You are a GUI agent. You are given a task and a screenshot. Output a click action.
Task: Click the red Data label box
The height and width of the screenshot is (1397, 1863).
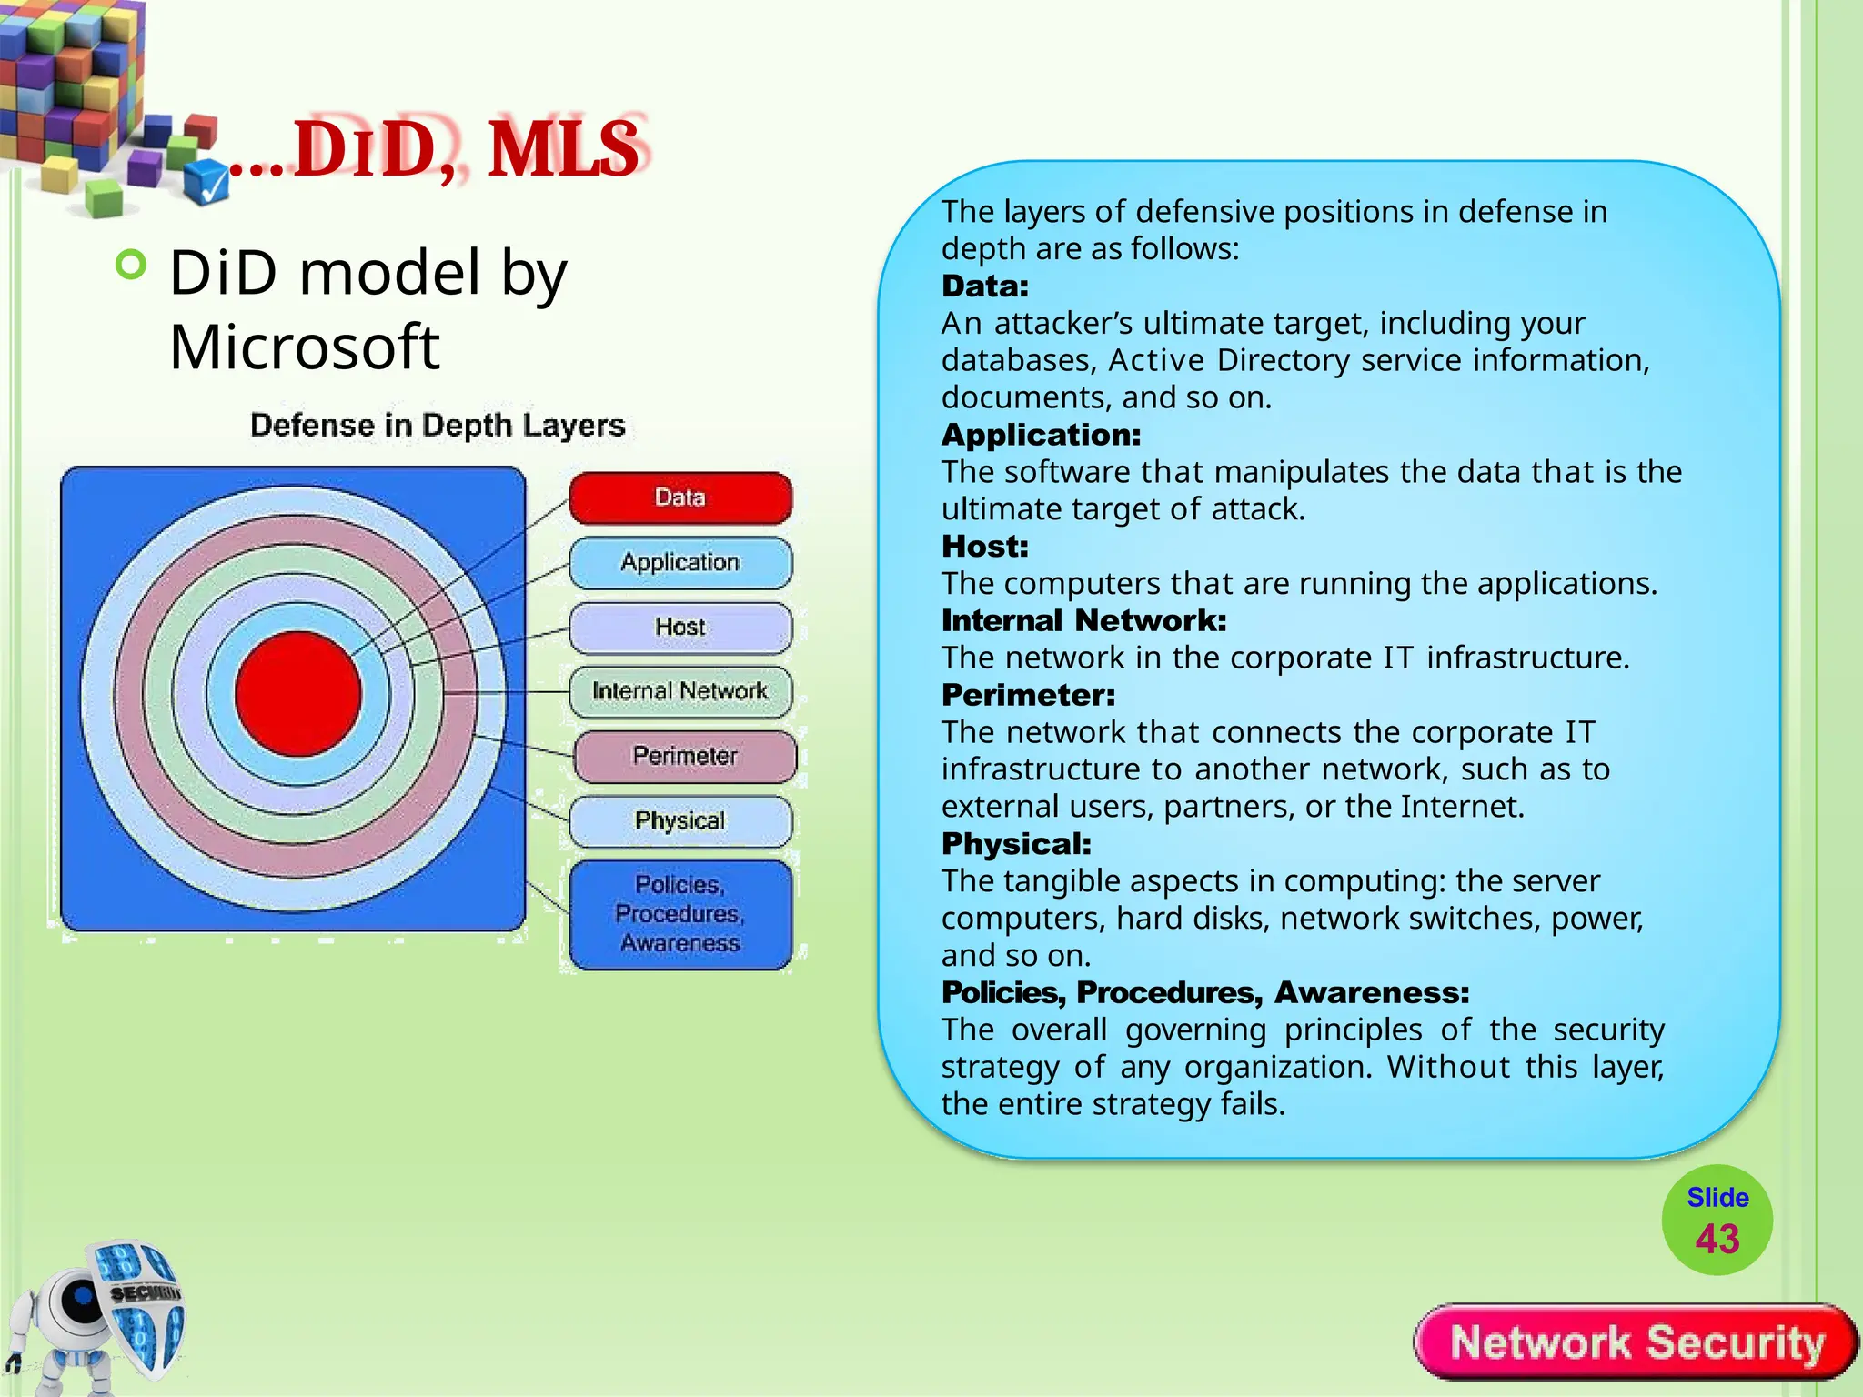pyautogui.click(x=680, y=497)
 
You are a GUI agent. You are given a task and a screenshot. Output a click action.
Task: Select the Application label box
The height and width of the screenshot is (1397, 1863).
pyautogui.click(x=680, y=562)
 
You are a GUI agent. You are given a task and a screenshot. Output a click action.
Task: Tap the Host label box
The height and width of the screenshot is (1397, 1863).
pyautogui.click(x=680, y=627)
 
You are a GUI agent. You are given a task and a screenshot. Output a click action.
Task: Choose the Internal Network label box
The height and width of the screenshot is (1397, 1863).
pyautogui.click(x=680, y=691)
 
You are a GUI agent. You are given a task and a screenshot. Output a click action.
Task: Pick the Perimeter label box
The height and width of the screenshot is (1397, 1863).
pyautogui.click(x=685, y=756)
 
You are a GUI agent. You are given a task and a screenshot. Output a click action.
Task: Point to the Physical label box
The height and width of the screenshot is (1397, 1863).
pyautogui.click(x=680, y=820)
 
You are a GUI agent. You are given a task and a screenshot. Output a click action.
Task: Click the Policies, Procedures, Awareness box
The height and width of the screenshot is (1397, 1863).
pyautogui.click(x=680, y=914)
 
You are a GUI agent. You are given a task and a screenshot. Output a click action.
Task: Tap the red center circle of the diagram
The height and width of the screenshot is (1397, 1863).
pyautogui.click(x=297, y=694)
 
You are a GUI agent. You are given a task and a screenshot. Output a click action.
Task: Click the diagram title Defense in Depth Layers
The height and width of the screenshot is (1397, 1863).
pyautogui.click(x=438, y=426)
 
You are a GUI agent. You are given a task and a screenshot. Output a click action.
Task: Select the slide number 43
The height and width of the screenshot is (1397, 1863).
pyautogui.click(x=1717, y=1239)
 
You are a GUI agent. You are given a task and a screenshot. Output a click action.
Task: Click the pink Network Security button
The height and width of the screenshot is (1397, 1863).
pyautogui.click(x=1636, y=1342)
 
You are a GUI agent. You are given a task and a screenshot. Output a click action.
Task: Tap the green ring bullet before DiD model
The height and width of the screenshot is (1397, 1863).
pyautogui.click(x=132, y=266)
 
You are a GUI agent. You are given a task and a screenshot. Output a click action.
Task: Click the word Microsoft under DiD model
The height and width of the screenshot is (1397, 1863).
pyautogui.click(x=305, y=347)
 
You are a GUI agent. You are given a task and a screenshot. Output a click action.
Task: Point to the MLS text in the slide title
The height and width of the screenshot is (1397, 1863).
pyautogui.click(x=564, y=149)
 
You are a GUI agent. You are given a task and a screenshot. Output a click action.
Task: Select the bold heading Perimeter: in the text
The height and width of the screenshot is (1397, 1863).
pyautogui.click(x=1028, y=695)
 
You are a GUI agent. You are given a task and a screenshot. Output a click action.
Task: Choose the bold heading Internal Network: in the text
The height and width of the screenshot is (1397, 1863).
pyautogui.click(x=1083, y=620)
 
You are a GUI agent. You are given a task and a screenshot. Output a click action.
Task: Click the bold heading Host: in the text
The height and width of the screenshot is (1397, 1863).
pyautogui.click(x=984, y=546)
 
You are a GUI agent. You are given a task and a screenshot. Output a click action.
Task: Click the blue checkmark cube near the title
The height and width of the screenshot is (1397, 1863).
pyautogui.click(x=207, y=181)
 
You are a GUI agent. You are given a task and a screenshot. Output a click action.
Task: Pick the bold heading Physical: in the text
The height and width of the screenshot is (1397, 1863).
pyautogui.click(x=1016, y=843)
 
